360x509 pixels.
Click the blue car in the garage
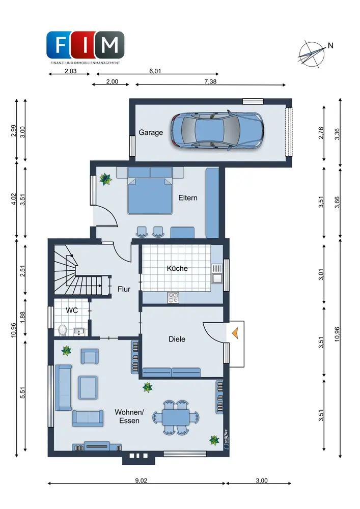click(217, 130)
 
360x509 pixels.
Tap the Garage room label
click(151, 132)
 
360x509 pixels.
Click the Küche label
click(177, 268)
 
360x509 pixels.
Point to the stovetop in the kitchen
click(173, 298)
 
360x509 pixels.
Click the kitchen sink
click(216, 273)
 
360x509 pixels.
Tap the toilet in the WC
click(63, 330)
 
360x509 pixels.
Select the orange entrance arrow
click(235, 333)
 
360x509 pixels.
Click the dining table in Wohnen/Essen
click(176, 417)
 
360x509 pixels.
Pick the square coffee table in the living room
click(88, 387)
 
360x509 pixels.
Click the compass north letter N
click(330, 46)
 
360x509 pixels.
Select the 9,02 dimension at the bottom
click(141, 480)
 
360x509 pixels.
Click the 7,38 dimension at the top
click(210, 81)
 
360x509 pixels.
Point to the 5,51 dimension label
click(22, 392)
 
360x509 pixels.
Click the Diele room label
click(177, 339)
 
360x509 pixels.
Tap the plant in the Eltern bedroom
click(105, 179)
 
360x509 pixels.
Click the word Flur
click(124, 289)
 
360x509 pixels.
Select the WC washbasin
click(79, 331)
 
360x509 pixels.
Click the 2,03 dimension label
click(70, 71)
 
